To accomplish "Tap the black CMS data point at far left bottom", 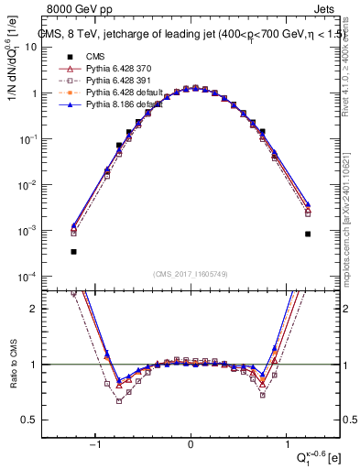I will [x=73, y=251].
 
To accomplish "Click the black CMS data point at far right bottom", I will [x=309, y=234].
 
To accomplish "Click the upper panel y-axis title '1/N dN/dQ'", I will [x=13, y=64].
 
